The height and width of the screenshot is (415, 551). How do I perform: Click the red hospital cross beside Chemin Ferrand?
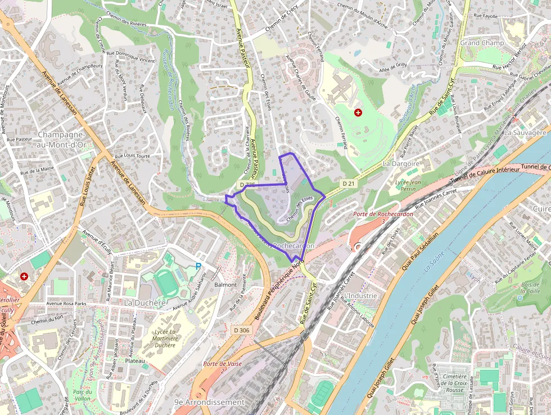tap(358, 113)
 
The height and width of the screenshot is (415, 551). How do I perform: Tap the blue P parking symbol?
tap(198, 266)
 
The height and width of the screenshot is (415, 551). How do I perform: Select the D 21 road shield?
tap(349, 184)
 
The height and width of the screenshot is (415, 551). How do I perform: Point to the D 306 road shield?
tap(241, 329)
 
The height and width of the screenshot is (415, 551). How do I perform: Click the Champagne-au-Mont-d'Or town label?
tap(61, 140)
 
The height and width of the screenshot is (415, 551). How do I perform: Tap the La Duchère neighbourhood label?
tap(145, 302)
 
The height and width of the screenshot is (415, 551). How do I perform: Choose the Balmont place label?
tap(225, 285)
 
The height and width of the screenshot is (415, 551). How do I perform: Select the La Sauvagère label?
tap(525, 132)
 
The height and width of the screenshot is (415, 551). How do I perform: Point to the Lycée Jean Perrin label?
tap(408, 186)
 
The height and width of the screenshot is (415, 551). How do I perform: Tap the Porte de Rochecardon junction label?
tap(383, 217)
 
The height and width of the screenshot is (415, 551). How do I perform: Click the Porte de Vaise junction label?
tap(223, 367)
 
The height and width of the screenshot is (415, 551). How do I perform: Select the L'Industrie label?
tap(361, 296)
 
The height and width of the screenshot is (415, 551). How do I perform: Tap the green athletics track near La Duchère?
tap(167, 283)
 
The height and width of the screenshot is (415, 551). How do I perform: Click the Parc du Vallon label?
tap(82, 395)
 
